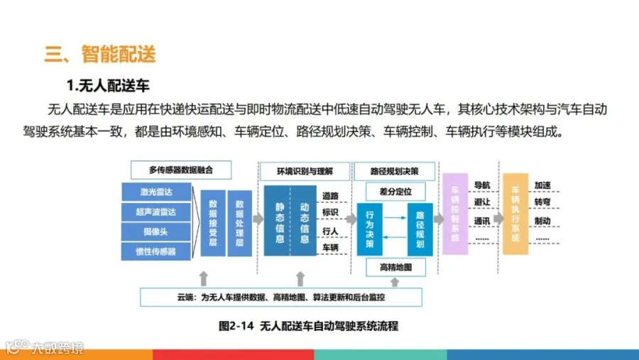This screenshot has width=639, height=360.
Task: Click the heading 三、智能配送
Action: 100,54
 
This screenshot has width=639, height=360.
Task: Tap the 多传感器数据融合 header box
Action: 182,170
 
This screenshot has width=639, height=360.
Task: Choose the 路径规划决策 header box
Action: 395,171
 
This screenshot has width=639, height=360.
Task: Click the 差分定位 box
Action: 395,191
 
